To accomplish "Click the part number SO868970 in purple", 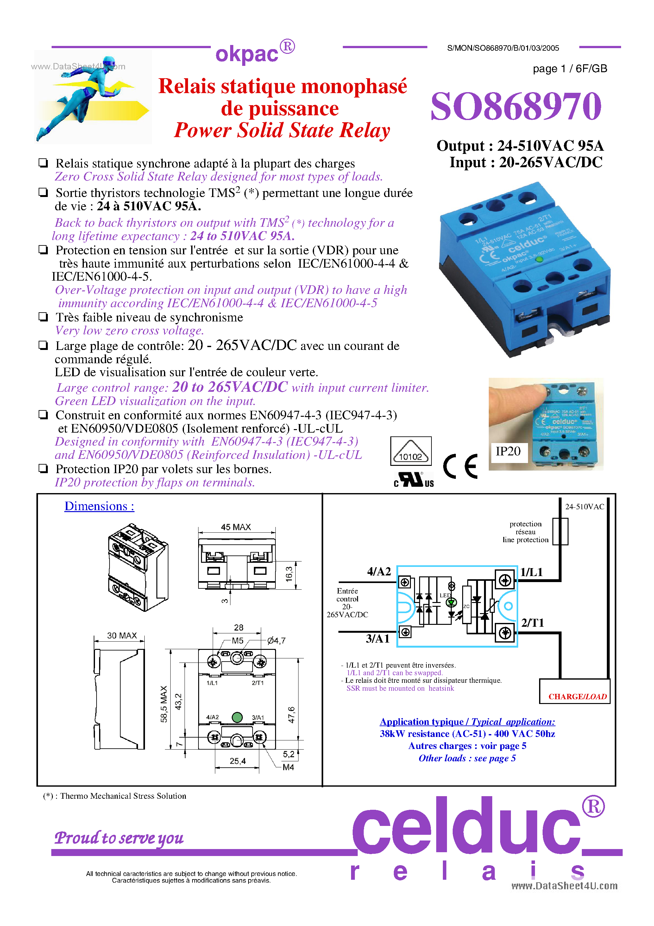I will coord(516,106).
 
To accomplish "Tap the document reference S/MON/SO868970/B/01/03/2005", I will coord(503,48).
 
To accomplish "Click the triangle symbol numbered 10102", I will coord(411,451).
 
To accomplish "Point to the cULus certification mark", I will coord(414,480).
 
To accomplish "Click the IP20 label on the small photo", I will coord(508,451).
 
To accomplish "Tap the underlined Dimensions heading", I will coord(99,506).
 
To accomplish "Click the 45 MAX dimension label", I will coord(236,527).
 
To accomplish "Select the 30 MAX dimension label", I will coord(122,636).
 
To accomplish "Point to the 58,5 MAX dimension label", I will coord(164,704).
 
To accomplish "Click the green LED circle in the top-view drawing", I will coord(237,717).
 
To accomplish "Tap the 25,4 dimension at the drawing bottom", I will coord(237,761).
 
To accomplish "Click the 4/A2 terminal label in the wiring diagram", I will coord(379,572).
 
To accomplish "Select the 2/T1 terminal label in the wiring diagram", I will coord(532,623).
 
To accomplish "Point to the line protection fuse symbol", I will coord(560,531).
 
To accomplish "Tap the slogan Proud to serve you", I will coord(119,838).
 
